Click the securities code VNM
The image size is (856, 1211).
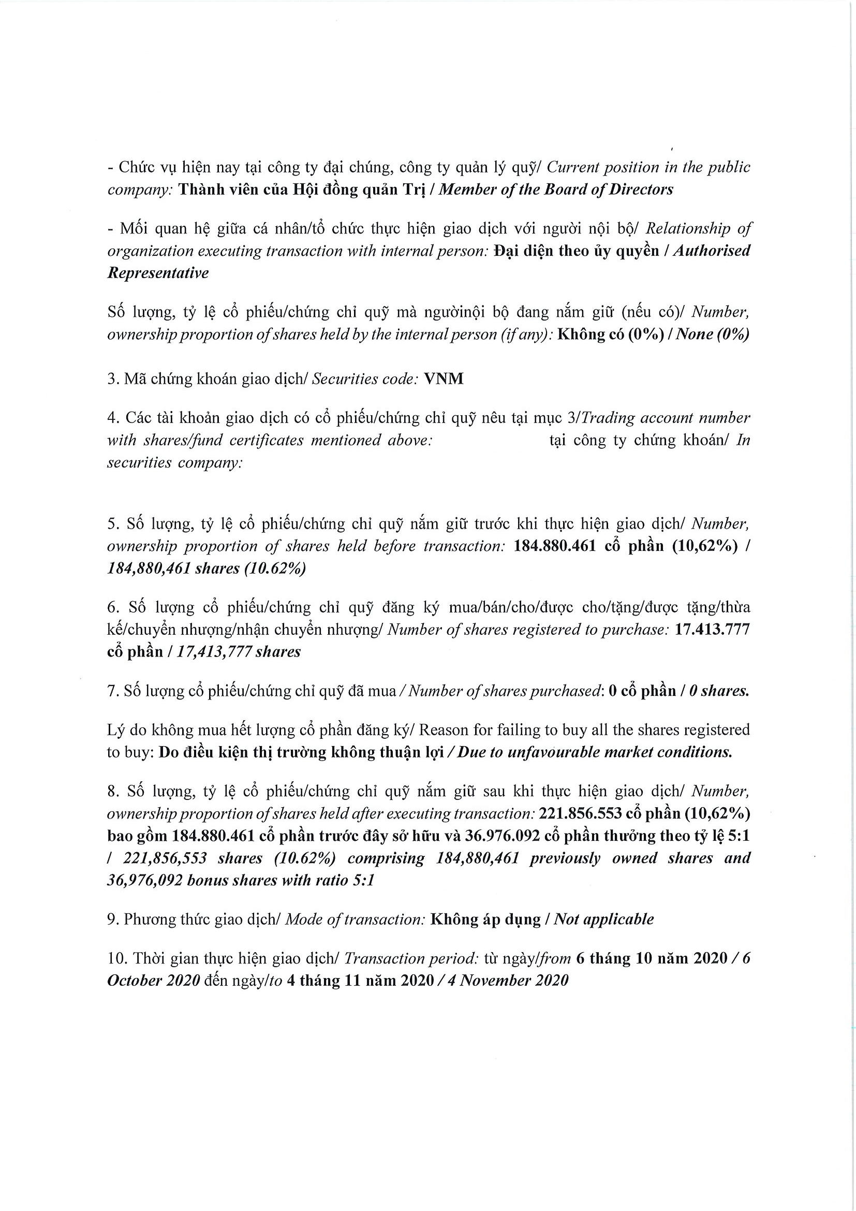tap(444, 379)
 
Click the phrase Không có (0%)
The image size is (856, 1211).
tap(609, 334)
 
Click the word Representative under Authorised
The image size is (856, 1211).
tap(158, 273)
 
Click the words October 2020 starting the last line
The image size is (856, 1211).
tap(153, 981)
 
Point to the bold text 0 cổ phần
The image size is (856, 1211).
tap(641, 691)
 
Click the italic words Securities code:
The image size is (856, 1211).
tap(366, 379)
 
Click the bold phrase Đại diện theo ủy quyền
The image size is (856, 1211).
tap(577, 251)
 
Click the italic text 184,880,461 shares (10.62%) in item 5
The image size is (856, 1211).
tap(206, 568)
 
